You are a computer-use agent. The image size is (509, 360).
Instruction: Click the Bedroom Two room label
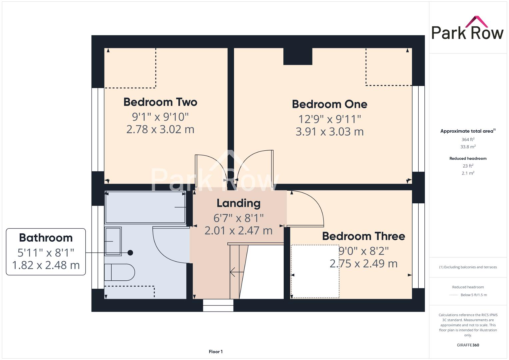(x=160, y=102)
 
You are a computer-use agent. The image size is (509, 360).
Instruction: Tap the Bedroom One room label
(x=329, y=104)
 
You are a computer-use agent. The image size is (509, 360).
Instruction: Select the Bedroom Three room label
(x=363, y=236)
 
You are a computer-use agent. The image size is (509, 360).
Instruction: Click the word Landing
(x=238, y=203)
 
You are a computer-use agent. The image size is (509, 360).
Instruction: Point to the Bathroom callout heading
(x=46, y=238)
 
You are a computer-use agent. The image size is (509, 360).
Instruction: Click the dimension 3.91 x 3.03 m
(x=329, y=132)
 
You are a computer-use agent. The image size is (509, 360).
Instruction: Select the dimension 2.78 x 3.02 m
(x=160, y=129)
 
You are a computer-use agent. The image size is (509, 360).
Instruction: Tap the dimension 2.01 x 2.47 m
(x=238, y=231)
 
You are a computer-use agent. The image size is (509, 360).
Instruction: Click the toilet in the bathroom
(x=119, y=272)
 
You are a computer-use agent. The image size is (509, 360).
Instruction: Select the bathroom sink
(x=113, y=241)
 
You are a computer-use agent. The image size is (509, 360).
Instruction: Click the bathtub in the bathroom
(x=145, y=207)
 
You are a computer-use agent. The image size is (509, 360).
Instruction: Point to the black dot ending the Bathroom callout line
(x=130, y=253)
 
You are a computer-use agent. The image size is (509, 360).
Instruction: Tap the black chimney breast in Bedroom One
(x=298, y=56)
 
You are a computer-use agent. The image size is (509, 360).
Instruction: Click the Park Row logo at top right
(x=467, y=29)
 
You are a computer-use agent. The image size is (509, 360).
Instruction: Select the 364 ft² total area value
(x=468, y=139)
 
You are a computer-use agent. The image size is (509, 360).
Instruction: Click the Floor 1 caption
(x=216, y=352)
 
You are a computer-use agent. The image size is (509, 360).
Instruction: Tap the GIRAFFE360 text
(x=468, y=345)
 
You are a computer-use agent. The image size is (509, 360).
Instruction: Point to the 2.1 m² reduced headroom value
(x=468, y=173)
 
